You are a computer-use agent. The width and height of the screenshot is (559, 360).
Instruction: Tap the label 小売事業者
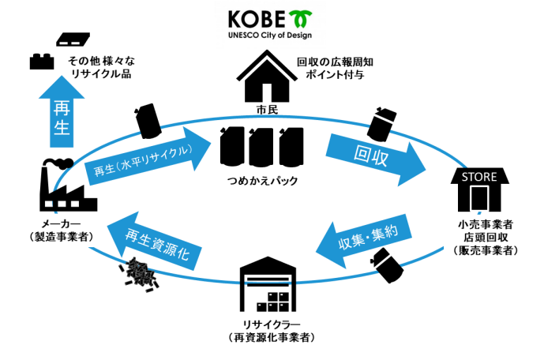coord(479,223)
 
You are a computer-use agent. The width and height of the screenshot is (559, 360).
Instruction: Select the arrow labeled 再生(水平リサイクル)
coord(146,160)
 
